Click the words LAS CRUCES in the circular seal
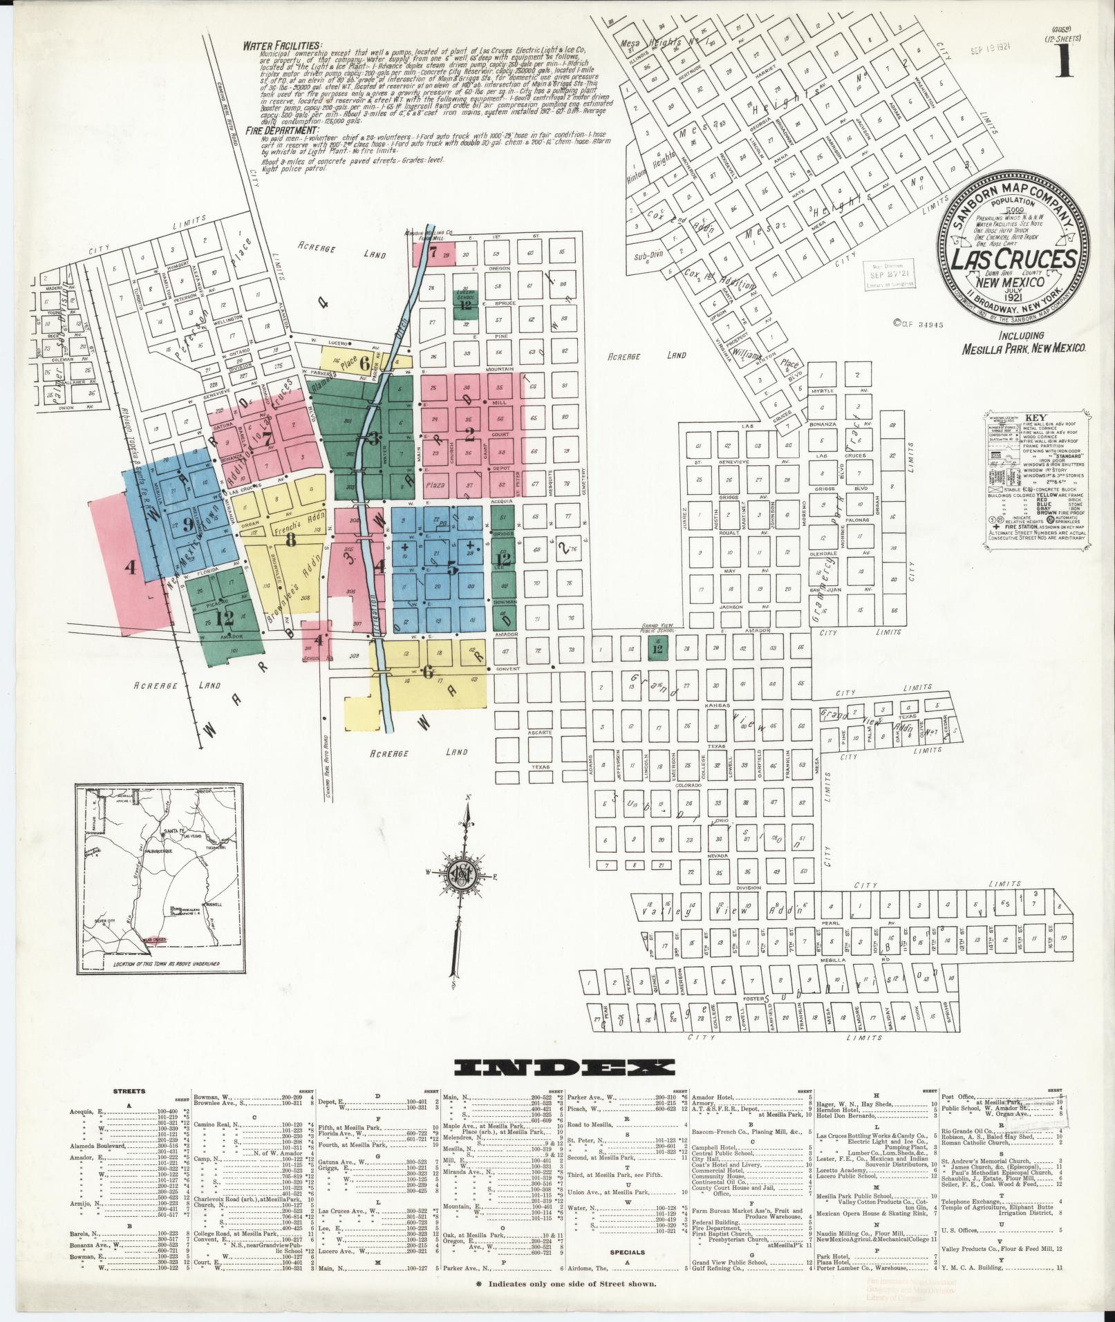1014,259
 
